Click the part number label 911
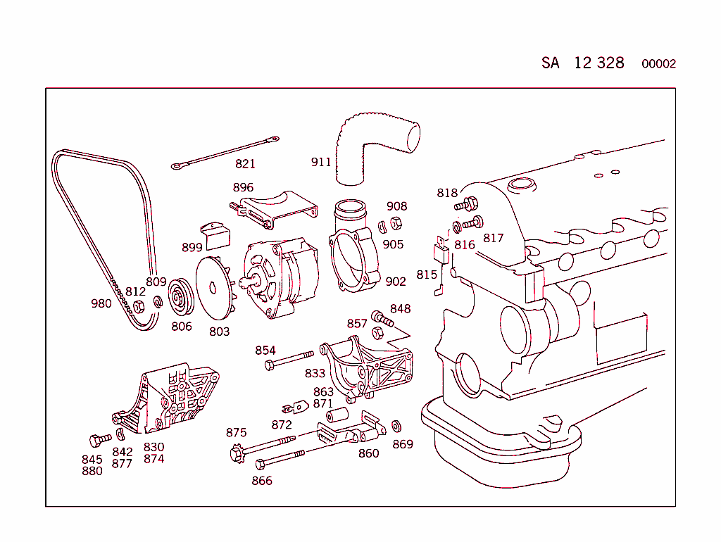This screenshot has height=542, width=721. tap(321, 163)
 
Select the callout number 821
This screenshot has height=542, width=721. tap(245, 164)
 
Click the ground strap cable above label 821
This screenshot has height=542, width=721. tap(225, 153)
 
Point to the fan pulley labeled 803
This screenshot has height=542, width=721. tap(215, 288)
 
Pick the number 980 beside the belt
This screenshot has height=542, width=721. tap(101, 304)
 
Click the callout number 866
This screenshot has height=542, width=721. tap(261, 481)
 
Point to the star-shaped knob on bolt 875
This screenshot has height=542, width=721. tap(236, 454)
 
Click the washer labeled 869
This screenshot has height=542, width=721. tap(396, 427)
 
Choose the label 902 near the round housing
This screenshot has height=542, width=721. tap(396, 282)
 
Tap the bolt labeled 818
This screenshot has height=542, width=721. tap(466, 205)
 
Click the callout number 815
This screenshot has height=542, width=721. tap(427, 275)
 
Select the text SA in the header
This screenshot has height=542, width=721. tap(551, 63)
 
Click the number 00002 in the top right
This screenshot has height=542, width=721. tap(658, 64)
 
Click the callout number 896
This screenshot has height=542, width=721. tap(243, 188)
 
